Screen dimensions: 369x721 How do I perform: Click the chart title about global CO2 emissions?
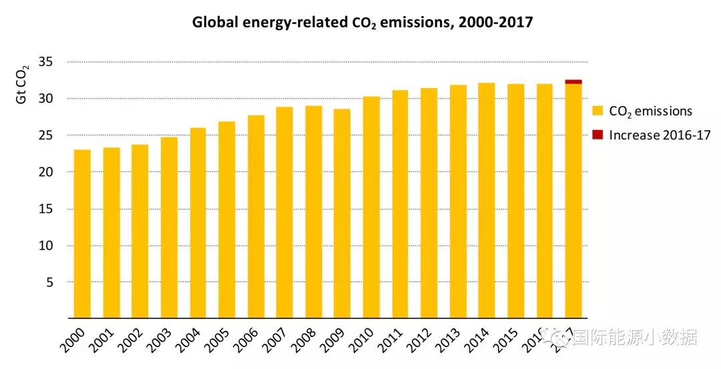tap(363, 23)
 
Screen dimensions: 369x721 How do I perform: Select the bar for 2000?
tap(82, 234)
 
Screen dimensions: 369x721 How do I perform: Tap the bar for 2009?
tap(342, 214)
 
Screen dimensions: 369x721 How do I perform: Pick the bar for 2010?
tap(371, 208)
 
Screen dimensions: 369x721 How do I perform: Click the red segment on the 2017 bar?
tap(573, 81)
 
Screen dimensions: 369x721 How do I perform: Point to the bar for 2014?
tap(486, 201)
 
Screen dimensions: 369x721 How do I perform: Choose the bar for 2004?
tap(198, 223)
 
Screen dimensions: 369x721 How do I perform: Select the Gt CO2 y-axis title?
tap(22, 85)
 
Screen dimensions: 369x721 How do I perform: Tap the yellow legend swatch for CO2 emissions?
tap(597, 111)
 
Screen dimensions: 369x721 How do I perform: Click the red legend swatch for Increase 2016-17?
tap(597, 135)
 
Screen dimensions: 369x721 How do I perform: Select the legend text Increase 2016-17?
tap(660, 135)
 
